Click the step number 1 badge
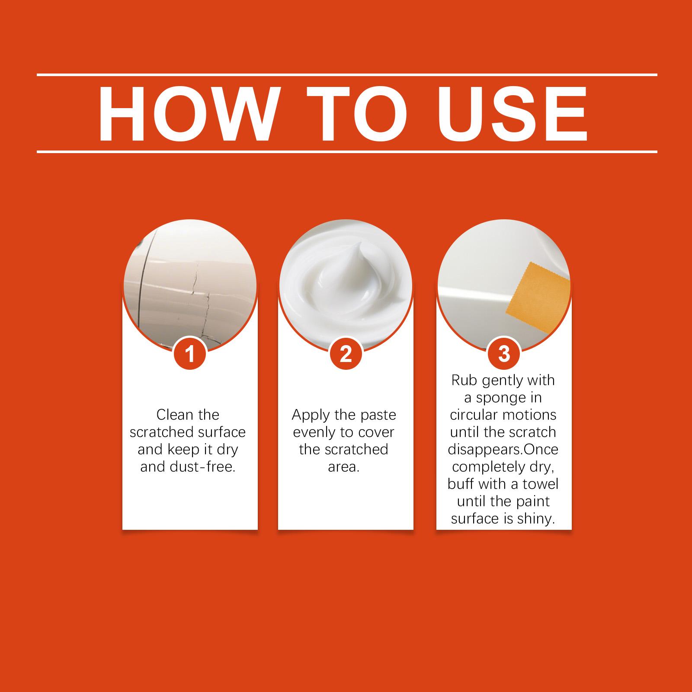pyautogui.click(x=190, y=355)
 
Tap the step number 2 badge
pyautogui.click(x=346, y=355)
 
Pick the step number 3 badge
pyautogui.click(x=504, y=355)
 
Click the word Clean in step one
pyautogui.click(x=175, y=415)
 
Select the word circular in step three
pyautogui.click(x=477, y=415)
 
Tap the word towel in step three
pyautogui.click(x=541, y=484)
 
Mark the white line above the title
pyautogui.click(x=347, y=75)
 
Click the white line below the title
pyautogui.click(x=347, y=152)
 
